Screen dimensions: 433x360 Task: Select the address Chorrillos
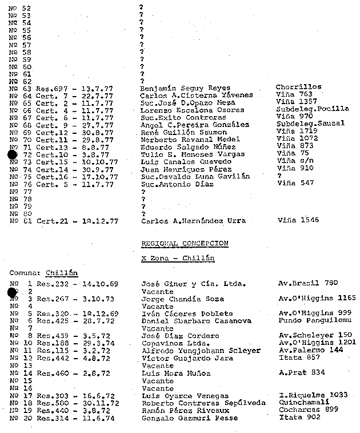298,87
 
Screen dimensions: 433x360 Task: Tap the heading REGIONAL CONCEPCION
185,243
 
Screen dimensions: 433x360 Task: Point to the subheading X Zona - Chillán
178,258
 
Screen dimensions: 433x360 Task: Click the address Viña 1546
298,220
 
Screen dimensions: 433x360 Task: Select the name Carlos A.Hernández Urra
193,220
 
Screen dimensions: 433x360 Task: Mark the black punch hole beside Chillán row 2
13,292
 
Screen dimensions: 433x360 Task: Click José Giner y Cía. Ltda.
193,284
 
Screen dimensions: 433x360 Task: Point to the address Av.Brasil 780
309,283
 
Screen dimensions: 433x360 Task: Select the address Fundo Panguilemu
313,321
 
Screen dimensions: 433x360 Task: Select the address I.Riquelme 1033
312,395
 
